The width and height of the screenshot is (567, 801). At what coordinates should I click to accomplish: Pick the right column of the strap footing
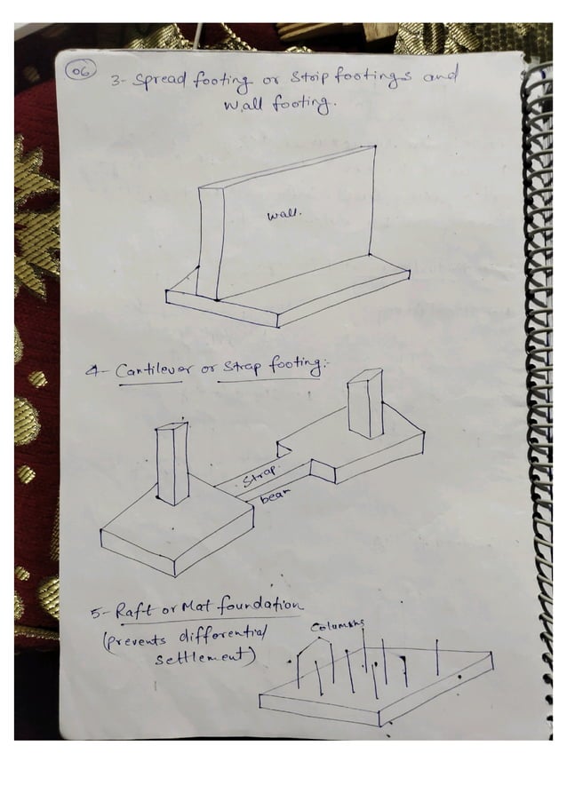(x=365, y=405)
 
